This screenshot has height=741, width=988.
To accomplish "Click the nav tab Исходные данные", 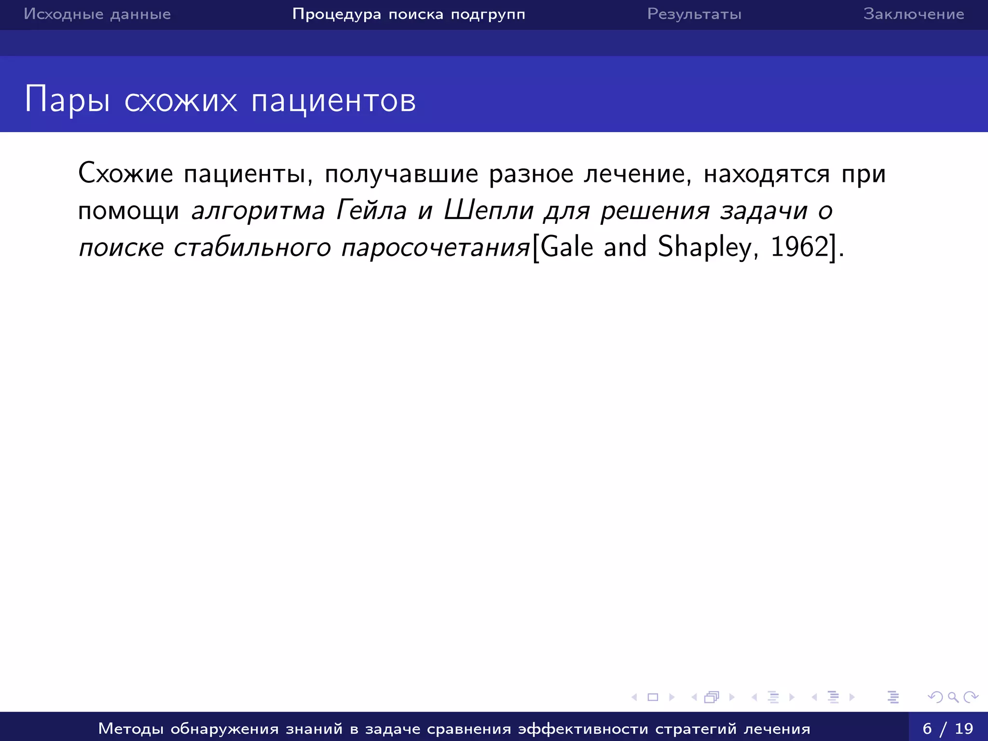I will point(97,14).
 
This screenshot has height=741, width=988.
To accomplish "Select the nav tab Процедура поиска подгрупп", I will point(409,14).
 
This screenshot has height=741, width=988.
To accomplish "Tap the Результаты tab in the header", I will point(694,14).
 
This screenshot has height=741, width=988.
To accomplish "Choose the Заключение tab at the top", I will point(914,14).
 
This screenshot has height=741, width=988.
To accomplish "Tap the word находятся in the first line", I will point(767,174).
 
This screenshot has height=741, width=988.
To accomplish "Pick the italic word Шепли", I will point(489,210).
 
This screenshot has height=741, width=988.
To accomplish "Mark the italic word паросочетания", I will point(436,247).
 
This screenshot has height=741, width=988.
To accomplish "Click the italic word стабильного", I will point(252,247).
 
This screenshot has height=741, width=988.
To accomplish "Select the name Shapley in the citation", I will point(704,247).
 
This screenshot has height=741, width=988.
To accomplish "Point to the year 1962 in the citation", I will point(799,247).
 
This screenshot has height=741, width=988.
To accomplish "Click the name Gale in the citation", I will point(566,247).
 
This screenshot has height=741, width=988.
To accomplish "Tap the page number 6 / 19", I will point(947,728).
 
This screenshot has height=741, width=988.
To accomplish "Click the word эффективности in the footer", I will point(583,728).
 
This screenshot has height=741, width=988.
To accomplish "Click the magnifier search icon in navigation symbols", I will point(953,697).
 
